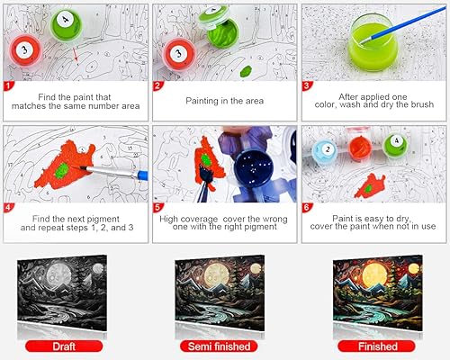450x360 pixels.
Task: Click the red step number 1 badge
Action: [9, 86]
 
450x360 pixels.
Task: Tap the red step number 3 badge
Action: [306, 86]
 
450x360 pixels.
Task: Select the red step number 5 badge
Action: [157, 206]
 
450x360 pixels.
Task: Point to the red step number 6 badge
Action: [306, 206]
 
